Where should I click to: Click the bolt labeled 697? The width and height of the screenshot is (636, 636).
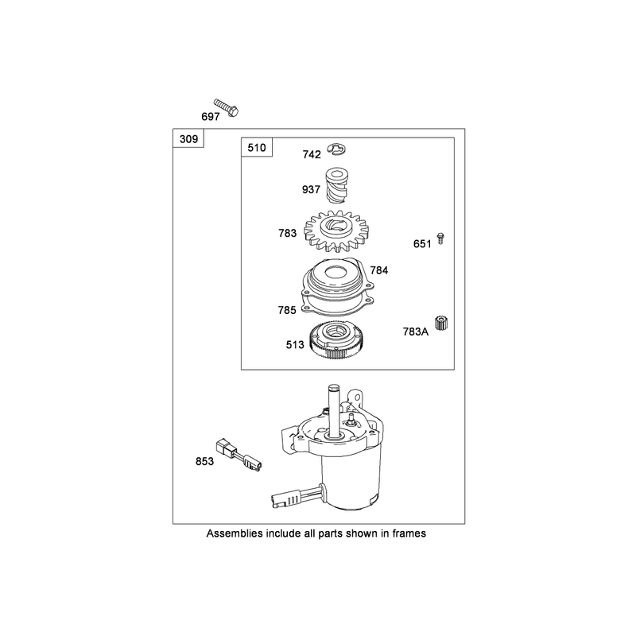(x=227, y=107)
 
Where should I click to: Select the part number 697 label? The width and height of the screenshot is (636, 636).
(x=211, y=117)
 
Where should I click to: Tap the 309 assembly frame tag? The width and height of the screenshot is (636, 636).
(x=188, y=139)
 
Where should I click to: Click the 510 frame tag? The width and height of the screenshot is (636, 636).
(x=257, y=148)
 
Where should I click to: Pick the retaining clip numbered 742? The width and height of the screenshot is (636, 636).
(x=336, y=149)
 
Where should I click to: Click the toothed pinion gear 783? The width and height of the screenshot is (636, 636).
(x=336, y=231)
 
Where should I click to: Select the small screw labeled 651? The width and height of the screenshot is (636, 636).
(x=440, y=238)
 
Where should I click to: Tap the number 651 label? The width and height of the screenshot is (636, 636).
(x=422, y=244)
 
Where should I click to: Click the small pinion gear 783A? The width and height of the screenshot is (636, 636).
(x=441, y=324)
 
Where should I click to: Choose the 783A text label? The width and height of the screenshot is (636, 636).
(x=415, y=332)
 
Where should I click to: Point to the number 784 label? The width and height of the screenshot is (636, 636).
(x=379, y=270)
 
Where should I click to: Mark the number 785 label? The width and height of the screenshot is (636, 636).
(x=287, y=310)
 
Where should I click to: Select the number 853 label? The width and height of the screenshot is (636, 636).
(x=204, y=462)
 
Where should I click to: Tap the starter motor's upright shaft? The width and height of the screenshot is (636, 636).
(x=334, y=410)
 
